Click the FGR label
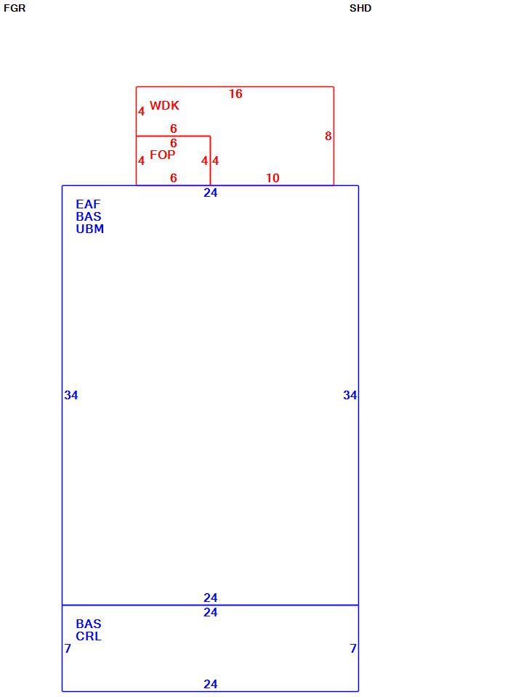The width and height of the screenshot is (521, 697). tap(15, 8)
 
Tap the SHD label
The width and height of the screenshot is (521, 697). tap(360, 8)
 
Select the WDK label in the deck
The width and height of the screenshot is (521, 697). tap(164, 105)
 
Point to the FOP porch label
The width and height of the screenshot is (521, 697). tap(162, 155)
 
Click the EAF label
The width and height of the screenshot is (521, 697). tap(88, 204)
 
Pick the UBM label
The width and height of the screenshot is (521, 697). tap(90, 229)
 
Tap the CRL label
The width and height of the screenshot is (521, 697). tap(89, 636)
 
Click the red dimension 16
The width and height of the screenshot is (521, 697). tap(235, 94)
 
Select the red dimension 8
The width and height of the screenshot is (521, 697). tap(328, 136)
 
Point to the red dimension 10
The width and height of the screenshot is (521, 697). tap(272, 178)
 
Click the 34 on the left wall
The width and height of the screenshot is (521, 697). tap(71, 395)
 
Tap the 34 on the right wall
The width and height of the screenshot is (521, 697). tap(350, 395)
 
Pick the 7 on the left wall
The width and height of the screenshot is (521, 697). tap(68, 648)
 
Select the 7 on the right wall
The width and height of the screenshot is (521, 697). tap(353, 648)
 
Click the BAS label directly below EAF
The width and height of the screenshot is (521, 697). tap(89, 216)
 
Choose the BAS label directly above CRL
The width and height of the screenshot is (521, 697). tap(89, 624)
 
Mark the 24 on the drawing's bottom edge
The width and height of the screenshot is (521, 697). tap(211, 684)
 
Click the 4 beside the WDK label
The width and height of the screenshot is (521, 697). tap(141, 111)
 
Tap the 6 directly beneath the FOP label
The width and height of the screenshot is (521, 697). tap(174, 178)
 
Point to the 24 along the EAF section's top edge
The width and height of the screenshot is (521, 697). tap(211, 192)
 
